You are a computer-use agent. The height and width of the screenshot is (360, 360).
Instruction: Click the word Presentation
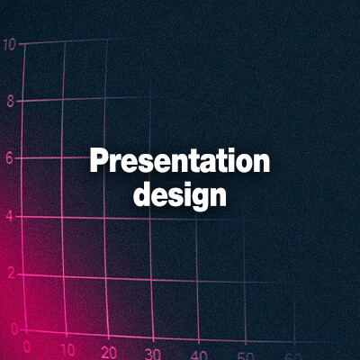pyautogui.click(x=180, y=163)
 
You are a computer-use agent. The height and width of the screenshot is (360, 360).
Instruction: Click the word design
pyautogui.click(x=180, y=194)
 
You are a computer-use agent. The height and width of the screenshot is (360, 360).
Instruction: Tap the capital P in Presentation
pyautogui.click(x=98, y=163)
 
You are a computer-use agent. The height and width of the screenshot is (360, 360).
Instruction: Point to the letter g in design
pyautogui.click(x=199, y=197)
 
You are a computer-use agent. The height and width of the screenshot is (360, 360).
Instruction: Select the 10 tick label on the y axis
pyautogui.click(x=8, y=43)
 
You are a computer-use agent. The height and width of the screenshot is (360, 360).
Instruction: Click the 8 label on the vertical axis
pyautogui.click(x=10, y=101)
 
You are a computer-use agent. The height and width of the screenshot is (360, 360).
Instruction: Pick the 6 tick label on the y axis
pyautogui.click(x=10, y=157)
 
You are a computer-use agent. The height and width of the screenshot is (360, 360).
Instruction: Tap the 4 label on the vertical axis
pyautogui.click(x=10, y=216)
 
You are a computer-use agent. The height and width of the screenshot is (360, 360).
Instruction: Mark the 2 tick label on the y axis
pyautogui.click(x=11, y=274)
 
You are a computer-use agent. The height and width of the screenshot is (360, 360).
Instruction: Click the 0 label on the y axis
pyautogui.click(x=13, y=330)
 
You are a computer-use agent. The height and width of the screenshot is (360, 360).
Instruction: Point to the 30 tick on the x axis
pyautogui.click(x=153, y=355)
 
